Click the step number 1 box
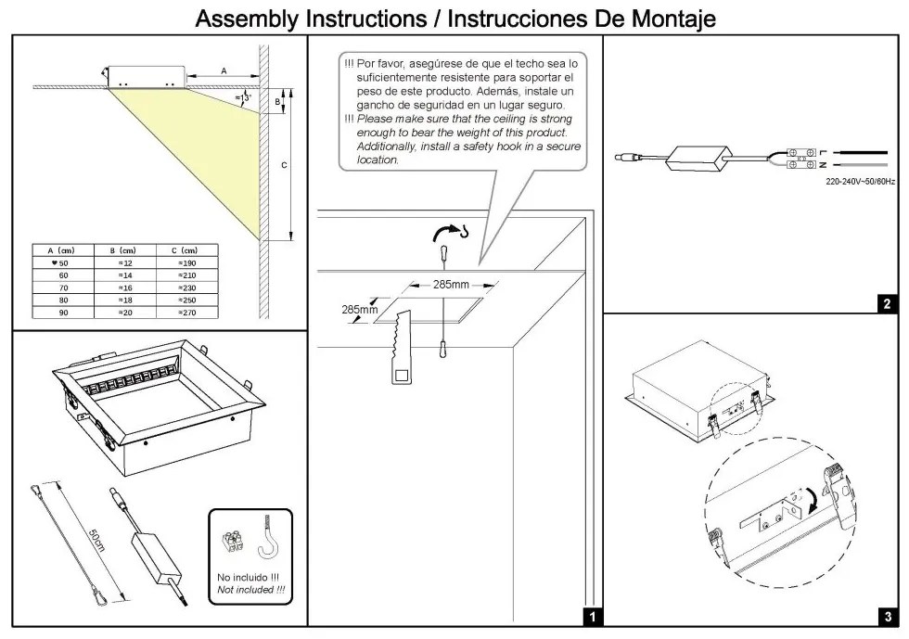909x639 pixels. click(591, 615)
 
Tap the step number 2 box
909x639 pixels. click(887, 302)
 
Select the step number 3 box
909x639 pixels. click(887, 615)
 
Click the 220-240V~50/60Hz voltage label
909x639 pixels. click(860, 182)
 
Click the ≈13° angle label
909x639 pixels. click(243, 97)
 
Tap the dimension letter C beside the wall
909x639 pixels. click(284, 164)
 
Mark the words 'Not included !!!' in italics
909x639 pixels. click(250, 590)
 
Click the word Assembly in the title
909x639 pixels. click(249, 18)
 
